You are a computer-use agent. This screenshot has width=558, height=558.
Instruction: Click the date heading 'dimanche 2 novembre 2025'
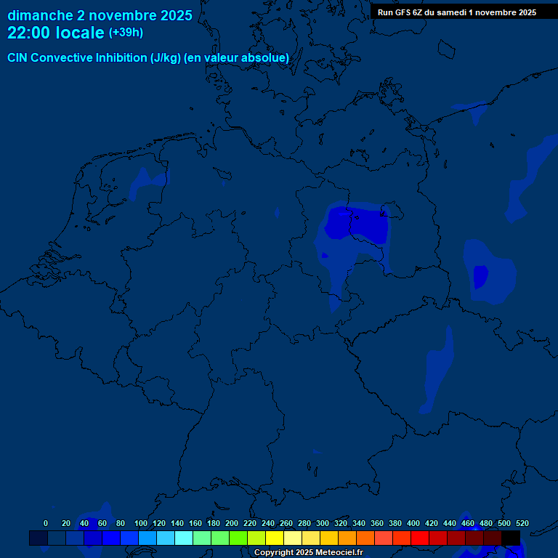point(100,15)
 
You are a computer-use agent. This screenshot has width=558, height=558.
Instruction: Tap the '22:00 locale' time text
point(56,33)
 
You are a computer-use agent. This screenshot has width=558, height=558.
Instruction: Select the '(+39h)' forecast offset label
point(126,33)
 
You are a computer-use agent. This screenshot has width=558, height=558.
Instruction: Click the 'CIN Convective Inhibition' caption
point(148,57)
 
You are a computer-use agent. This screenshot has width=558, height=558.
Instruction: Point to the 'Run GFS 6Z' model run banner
point(456,12)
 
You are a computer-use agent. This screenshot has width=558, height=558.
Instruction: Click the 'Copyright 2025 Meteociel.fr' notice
point(308,552)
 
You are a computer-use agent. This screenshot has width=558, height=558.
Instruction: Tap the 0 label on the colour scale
point(46,523)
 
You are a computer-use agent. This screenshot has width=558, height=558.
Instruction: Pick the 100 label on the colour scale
point(140,523)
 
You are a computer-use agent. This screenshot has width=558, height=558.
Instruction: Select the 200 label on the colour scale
point(232,523)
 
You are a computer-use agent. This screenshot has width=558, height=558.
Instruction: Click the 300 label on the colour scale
point(323,523)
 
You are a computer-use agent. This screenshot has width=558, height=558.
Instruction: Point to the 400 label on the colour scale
point(413,523)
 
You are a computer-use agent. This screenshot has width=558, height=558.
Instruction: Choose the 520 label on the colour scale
point(522,523)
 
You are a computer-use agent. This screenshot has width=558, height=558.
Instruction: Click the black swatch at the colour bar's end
point(511,538)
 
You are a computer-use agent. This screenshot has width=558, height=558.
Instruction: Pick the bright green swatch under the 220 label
point(238,538)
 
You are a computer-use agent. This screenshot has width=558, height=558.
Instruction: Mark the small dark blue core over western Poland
point(480,276)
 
